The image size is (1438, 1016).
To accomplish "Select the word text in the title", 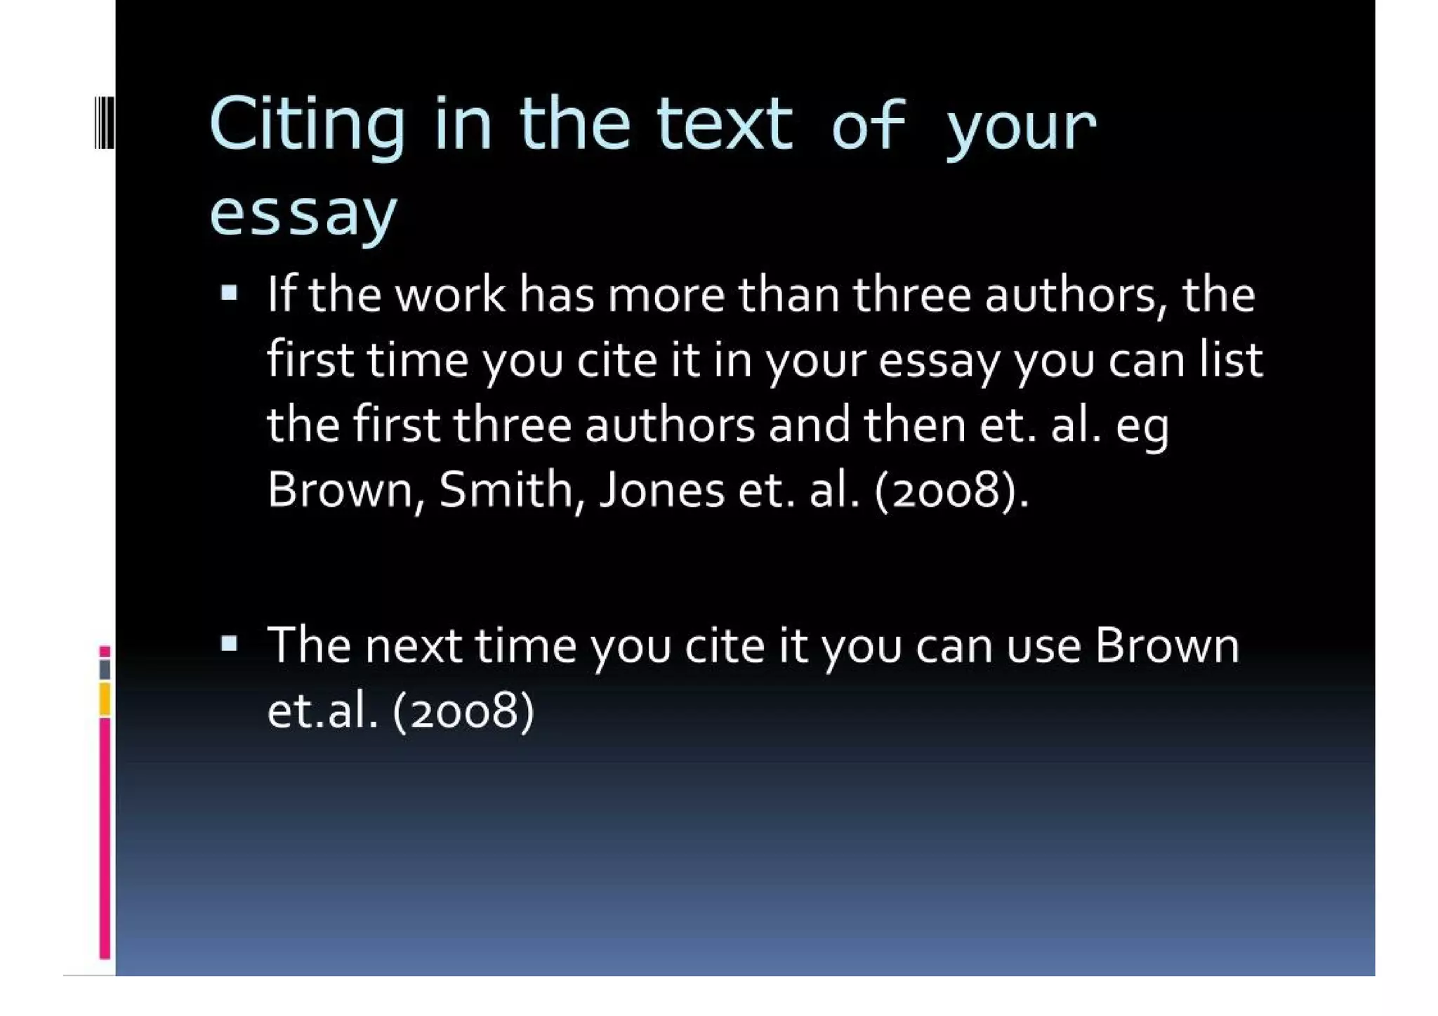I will click(x=725, y=125).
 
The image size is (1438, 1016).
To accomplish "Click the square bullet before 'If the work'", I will click(x=229, y=293).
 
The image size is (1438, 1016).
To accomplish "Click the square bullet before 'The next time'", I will click(x=229, y=643).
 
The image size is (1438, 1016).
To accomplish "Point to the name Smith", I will click(x=511, y=489).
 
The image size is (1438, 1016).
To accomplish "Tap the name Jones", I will click(x=662, y=489).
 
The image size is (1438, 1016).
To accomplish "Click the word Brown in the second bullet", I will click(x=1167, y=645).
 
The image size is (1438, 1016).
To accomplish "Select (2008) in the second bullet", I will click(x=464, y=711).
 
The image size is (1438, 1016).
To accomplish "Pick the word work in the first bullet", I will click(x=450, y=294).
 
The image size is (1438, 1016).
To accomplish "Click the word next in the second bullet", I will click(x=413, y=645).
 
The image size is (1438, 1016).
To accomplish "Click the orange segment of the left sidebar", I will click(x=105, y=699).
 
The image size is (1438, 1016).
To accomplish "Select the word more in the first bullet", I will click(x=666, y=294).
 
